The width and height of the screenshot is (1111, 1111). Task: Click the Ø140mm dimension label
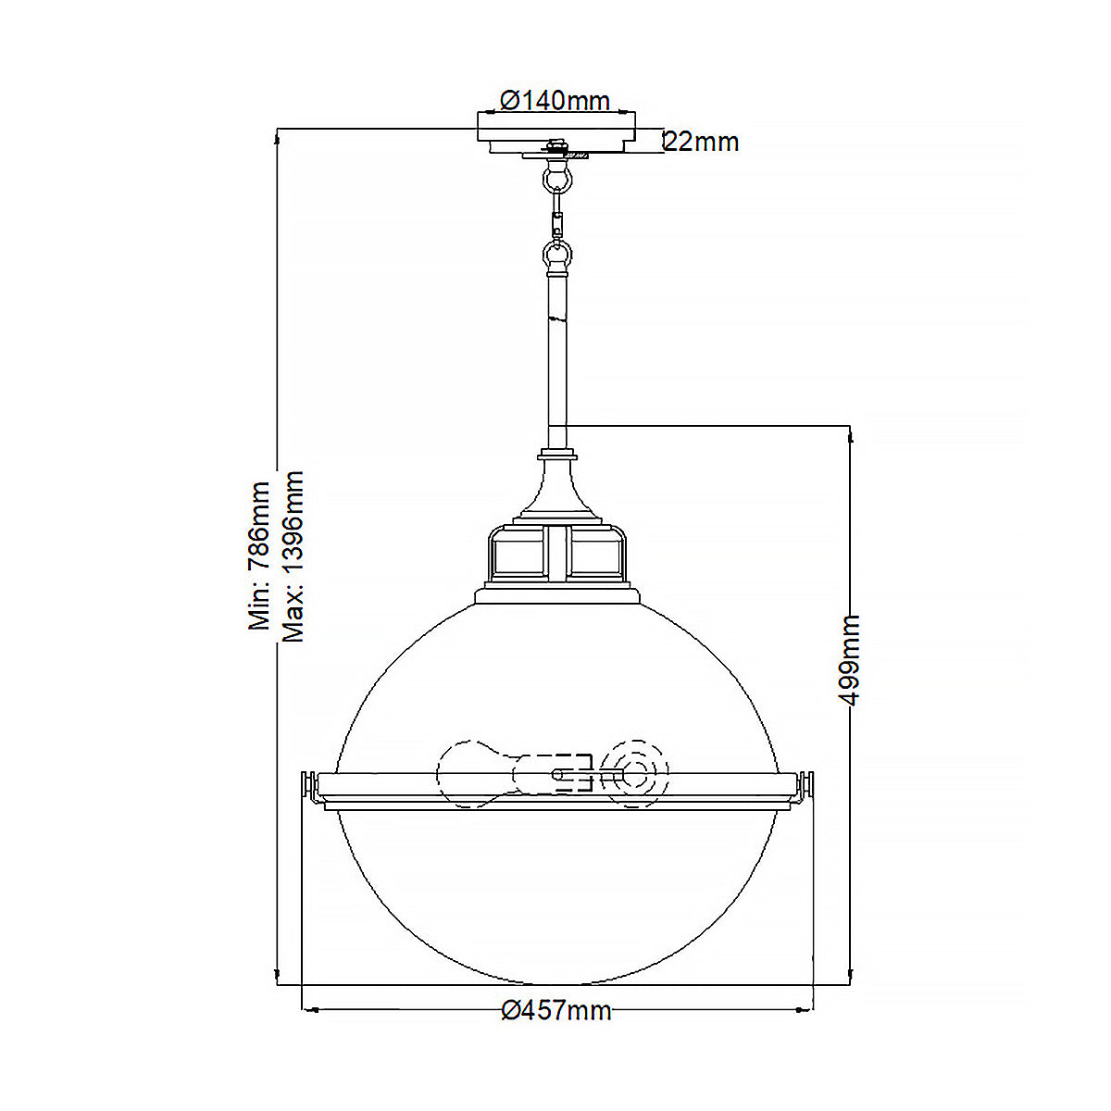click(x=555, y=100)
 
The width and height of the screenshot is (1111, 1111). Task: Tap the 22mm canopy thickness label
click(x=702, y=142)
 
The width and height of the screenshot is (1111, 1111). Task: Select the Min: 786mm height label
click(x=259, y=555)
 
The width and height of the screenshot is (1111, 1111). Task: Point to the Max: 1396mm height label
click(x=293, y=555)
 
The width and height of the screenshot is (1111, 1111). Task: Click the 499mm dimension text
click(x=850, y=659)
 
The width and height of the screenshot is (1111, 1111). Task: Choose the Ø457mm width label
click(x=555, y=1010)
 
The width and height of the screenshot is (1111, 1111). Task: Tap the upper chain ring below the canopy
click(x=556, y=175)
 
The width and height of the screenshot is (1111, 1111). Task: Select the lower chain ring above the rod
click(x=556, y=253)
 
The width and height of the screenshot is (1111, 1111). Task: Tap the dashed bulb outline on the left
click(x=472, y=772)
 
